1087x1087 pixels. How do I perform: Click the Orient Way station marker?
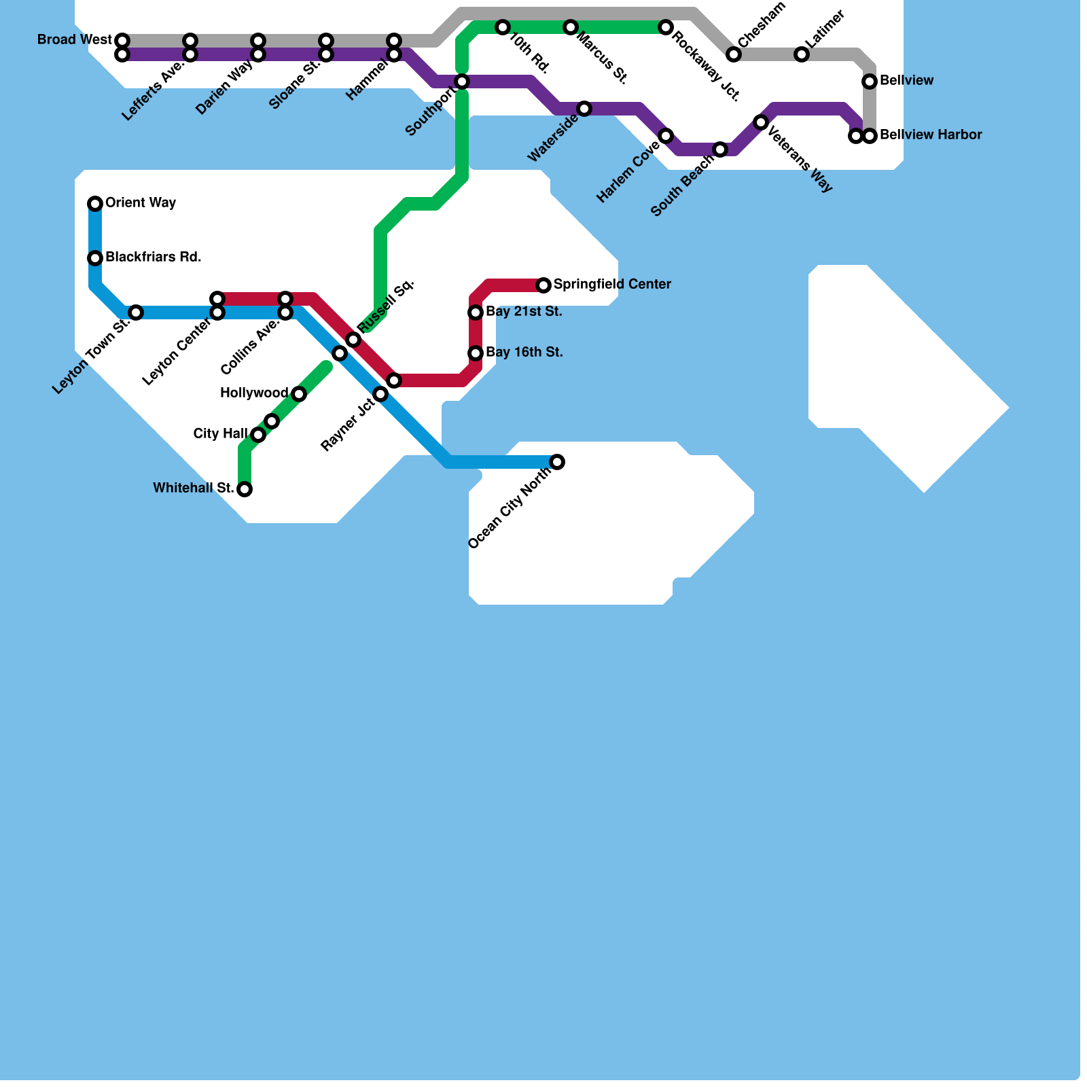click(x=95, y=203)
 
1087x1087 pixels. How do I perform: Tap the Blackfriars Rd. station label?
click(x=153, y=257)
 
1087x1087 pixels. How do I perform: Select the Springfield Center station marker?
click(x=543, y=285)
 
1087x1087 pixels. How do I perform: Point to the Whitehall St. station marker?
click(x=245, y=489)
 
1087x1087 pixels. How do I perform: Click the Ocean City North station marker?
click(x=557, y=462)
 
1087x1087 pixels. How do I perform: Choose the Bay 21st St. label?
click(x=524, y=312)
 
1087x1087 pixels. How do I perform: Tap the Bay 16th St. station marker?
click(x=476, y=353)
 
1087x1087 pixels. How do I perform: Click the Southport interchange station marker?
click(x=462, y=82)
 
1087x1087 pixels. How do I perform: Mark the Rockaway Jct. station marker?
click(x=666, y=27)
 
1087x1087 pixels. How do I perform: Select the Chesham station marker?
click(x=734, y=54)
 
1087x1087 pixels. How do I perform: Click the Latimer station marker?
click(x=802, y=54)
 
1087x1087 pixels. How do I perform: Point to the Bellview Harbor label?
click(x=931, y=135)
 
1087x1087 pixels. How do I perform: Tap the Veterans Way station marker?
click(x=761, y=122)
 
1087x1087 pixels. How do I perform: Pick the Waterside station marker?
click(x=584, y=109)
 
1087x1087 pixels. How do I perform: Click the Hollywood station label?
click(x=254, y=393)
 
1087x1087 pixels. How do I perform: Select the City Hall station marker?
click(x=258, y=435)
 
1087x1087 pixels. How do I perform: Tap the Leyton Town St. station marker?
click(x=136, y=313)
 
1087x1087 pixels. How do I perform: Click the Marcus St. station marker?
click(x=571, y=27)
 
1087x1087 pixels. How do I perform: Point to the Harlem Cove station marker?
click(x=666, y=136)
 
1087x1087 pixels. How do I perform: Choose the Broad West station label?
click(x=74, y=40)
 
